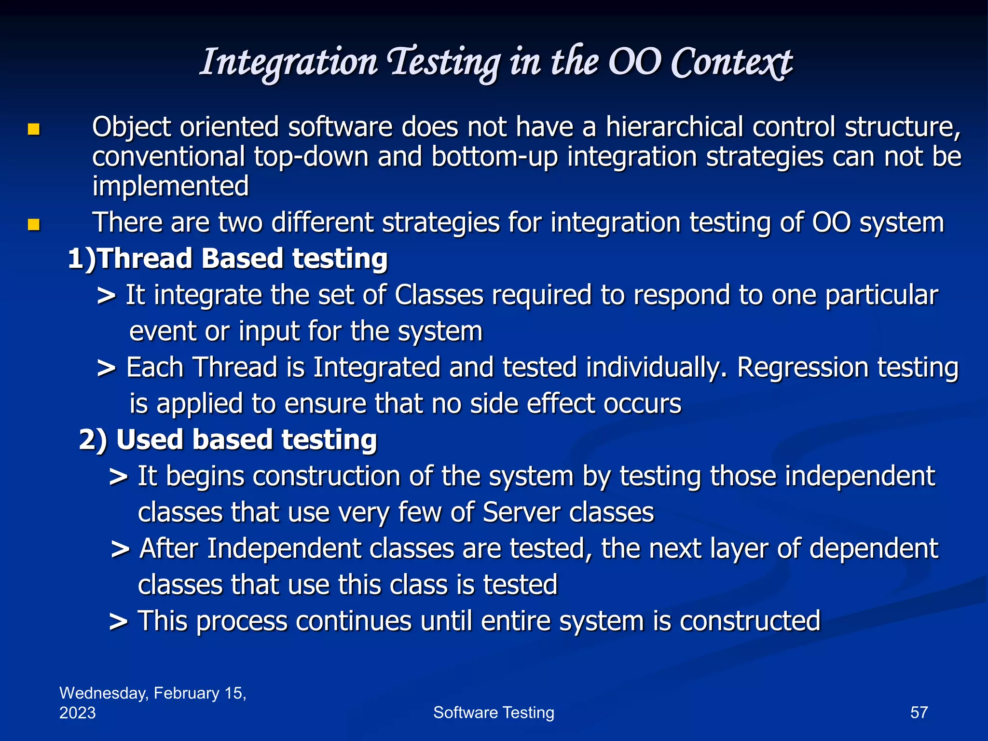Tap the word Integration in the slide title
288,63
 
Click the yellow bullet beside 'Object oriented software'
33,129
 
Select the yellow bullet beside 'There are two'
33,224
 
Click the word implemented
170,187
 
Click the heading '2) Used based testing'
228,440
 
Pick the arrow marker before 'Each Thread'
106,369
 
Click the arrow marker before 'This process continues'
118,622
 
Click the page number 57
919,713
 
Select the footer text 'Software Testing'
494,713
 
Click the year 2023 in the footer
77,713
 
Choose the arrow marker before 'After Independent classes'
120,549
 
